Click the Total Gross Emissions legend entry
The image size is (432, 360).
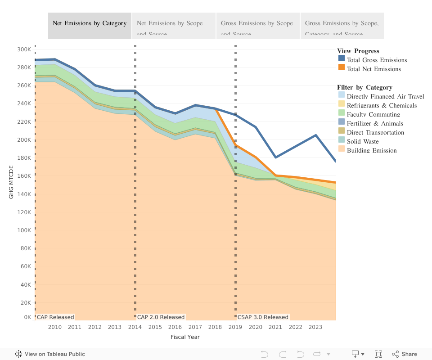pos(376,60)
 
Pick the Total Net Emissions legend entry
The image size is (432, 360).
pos(373,69)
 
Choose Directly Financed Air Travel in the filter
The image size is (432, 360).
pos(385,96)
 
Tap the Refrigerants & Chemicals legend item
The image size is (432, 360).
pos(381,105)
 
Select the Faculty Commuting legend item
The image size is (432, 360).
pos(373,114)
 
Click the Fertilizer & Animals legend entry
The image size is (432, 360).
pos(374,123)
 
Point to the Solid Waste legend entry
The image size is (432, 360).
pos(362,141)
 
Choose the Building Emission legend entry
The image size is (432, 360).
pos(371,150)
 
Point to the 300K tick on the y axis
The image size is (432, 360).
pos(24,49)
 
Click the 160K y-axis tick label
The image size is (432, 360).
pos(24,175)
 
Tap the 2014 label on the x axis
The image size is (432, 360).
pos(135,327)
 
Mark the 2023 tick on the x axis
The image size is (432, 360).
pos(315,327)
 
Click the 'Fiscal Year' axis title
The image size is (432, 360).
pos(185,337)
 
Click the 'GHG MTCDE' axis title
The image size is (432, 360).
pos(11,182)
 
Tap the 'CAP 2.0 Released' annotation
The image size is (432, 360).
pos(161,317)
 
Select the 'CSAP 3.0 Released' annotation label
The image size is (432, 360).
pos(263,317)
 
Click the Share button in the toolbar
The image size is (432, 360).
pos(404,354)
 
